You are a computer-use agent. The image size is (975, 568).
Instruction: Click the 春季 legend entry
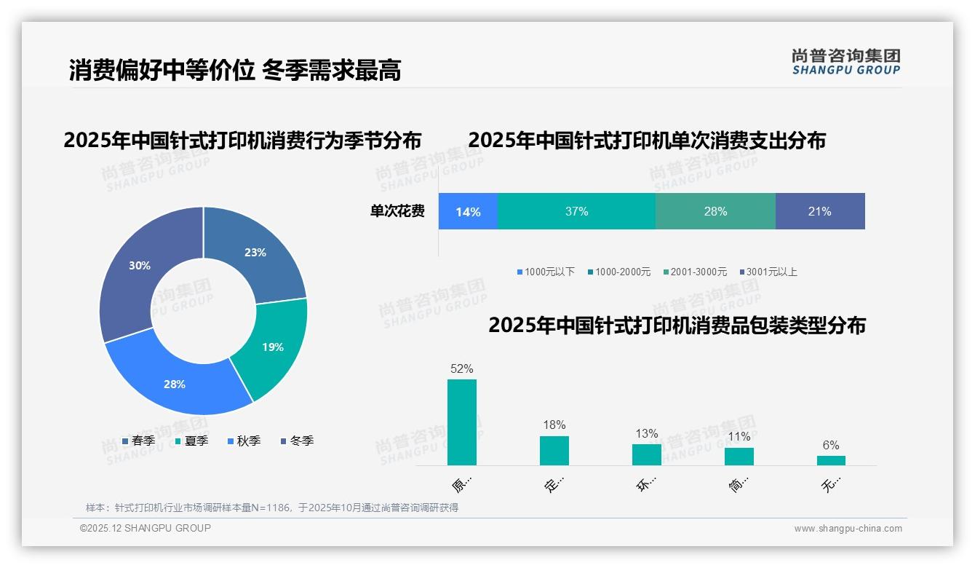[138, 441]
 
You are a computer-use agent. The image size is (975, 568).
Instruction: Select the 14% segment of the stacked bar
[468, 211]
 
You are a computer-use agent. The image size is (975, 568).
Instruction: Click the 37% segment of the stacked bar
[576, 211]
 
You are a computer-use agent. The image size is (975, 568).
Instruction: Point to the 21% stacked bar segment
[819, 211]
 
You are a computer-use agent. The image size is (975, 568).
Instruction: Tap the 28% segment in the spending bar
[715, 211]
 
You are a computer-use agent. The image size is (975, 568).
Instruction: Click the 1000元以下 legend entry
[546, 272]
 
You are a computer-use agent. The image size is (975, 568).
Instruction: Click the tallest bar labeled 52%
[462, 422]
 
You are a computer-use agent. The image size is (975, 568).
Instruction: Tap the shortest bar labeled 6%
[831, 460]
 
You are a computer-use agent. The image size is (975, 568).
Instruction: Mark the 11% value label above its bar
[739, 437]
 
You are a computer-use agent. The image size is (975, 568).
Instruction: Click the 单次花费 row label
[397, 211]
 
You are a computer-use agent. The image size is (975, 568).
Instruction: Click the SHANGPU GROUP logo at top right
[845, 61]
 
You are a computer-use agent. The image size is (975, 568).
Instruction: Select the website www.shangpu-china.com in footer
[848, 529]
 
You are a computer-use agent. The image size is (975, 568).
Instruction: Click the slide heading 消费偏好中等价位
[162, 71]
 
